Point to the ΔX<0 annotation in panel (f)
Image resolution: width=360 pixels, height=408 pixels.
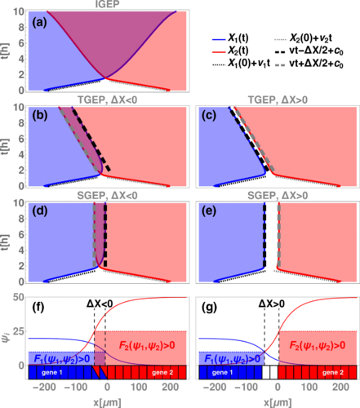coord(102,303)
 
